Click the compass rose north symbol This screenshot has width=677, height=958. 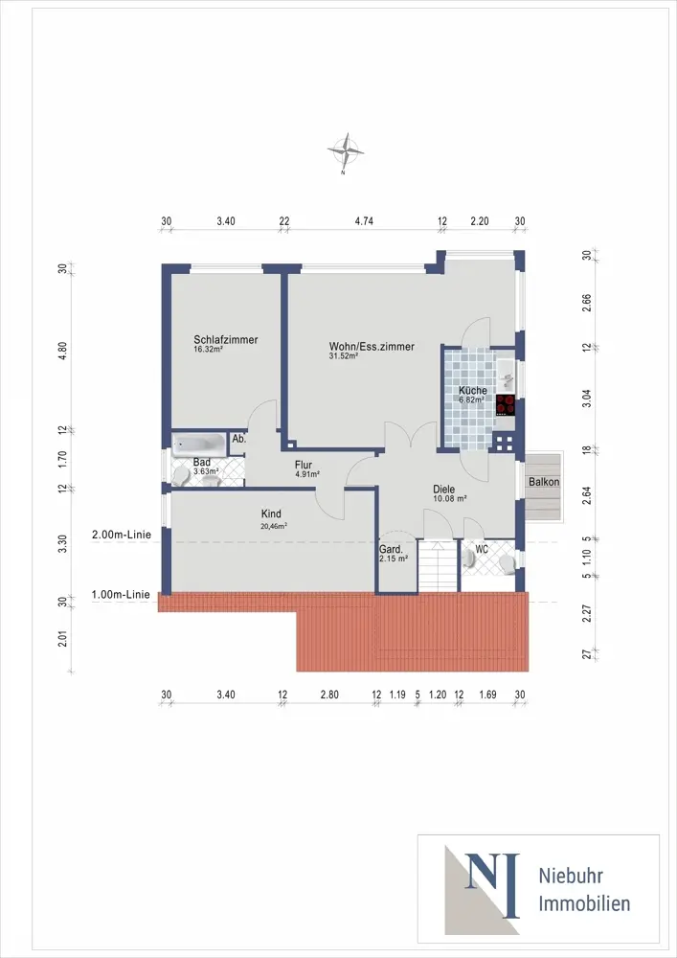click(x=346, y=150)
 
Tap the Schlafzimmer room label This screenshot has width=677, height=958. click(x=226, y=340)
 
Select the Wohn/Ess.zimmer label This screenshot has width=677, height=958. click(x=372, y=347)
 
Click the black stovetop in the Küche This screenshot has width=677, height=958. click(x=506, y=404)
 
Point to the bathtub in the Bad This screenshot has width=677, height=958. click(x=199, y=445)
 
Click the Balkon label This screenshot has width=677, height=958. click(x=544, y=482)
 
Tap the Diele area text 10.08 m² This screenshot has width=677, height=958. click(x=450, y=498)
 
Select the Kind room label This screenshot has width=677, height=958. click(x=271, y=513)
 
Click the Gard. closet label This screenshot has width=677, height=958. click(x=392, y=549)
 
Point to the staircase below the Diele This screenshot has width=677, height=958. click(x=438, y=566)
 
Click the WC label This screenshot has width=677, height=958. click(x=483, y=549)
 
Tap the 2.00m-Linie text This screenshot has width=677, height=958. click(x=122, y=535)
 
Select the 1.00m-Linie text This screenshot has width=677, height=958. click(x=121, y=594)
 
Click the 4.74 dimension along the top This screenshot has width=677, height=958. click(x=364, y=221)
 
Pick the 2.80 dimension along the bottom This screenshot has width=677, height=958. click(x=329, y=695)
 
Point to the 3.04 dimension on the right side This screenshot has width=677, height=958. click(x=587, y=398)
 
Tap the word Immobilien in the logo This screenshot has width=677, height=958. click(x=584, y=903)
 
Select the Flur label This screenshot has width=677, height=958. click(x=304, y=465)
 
